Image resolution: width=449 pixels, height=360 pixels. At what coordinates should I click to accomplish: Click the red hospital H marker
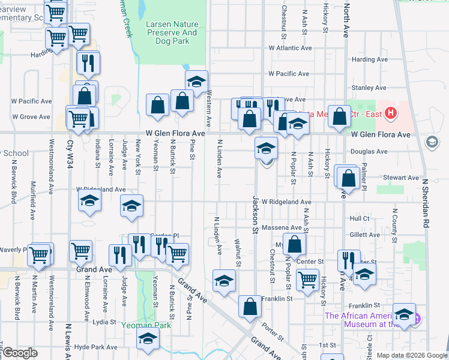click(x=391, y=112)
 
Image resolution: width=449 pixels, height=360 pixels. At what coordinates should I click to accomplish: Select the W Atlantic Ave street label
click(x=291, y=48)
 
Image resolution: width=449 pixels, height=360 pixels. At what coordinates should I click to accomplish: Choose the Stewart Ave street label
click(x=402, y=178)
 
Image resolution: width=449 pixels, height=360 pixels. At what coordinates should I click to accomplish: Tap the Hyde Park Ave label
click(x=96, y=347)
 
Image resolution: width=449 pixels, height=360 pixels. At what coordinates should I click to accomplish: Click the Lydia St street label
click(x=104, y=322)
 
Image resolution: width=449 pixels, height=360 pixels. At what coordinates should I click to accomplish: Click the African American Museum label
click(x=367, y=320)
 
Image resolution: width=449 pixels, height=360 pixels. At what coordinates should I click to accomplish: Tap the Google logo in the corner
click(x=20, y=353)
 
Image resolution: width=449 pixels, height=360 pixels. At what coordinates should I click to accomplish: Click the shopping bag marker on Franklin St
click(x=250, y=306)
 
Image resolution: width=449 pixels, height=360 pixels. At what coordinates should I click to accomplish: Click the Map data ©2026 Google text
click(x=412, y=355)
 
